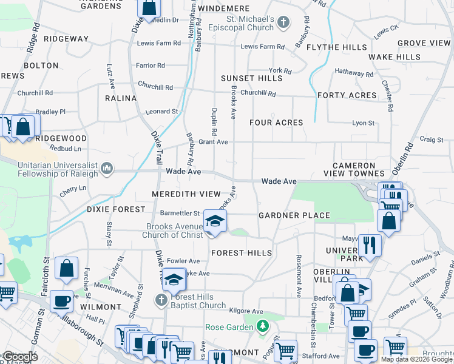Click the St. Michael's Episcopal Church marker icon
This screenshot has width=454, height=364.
tap(283, 23)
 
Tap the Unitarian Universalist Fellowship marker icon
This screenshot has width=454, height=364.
tap(107, 167)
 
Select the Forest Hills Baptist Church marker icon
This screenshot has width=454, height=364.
tap(161, 300)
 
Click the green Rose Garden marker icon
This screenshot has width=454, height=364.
tap(262, 327)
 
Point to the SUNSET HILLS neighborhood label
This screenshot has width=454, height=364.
tap(251, 78)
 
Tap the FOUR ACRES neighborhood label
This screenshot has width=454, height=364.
tap(276, 123)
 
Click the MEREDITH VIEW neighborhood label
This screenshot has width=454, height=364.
tap(186, 194)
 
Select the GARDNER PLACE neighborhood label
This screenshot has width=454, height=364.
tap(294, 215)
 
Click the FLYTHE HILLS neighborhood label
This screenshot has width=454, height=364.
tap(337, 47)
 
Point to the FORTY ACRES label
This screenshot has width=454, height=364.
tap(347, 95)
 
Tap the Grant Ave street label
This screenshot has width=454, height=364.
tap(213, 142)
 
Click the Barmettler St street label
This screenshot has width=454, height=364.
tap(180, 214)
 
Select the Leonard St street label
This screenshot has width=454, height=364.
tap(161, 112)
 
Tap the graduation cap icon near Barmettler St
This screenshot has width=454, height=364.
tap(214, 221)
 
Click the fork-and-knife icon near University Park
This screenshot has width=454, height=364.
tap(369, 245)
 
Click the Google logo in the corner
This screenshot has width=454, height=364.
tap(20, 357)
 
